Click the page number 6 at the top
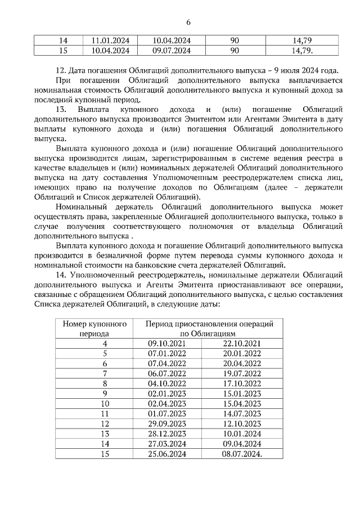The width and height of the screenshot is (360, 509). (188, 22)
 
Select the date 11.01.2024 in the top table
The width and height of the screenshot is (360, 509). (110, 41)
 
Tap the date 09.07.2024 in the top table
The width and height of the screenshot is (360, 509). (172, 51)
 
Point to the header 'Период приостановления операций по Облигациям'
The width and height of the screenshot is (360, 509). (209, 328)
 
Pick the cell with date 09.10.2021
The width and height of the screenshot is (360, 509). (166, 343)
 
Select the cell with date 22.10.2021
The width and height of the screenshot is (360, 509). (242, 343)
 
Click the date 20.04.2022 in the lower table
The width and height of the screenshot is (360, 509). (242, 363)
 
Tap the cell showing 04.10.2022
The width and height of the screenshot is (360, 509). (166, 383)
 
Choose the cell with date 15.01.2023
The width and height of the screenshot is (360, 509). (242, 393)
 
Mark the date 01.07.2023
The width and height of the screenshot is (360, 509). (166, 413)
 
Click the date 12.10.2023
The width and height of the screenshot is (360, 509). (242, 424)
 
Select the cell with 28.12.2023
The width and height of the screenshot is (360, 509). (166, 434)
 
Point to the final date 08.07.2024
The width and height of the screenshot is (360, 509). (243, 454)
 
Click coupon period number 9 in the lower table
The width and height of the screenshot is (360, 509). (105, 393)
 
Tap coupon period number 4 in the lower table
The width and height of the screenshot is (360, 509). (105, 343)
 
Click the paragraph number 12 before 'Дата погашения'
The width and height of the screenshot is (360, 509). (61, 71)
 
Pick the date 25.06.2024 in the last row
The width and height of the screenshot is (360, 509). (166, 454)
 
